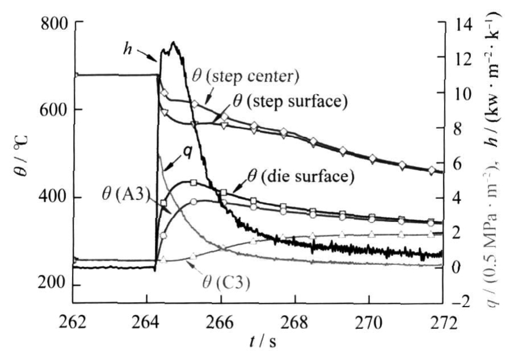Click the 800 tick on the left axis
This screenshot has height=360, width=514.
(57, 23)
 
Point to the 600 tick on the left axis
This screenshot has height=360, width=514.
(57, 110)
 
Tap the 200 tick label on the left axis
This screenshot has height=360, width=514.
(57, 284)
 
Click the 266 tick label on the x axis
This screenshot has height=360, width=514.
(221, 324)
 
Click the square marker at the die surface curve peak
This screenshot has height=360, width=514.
(193, 183)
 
